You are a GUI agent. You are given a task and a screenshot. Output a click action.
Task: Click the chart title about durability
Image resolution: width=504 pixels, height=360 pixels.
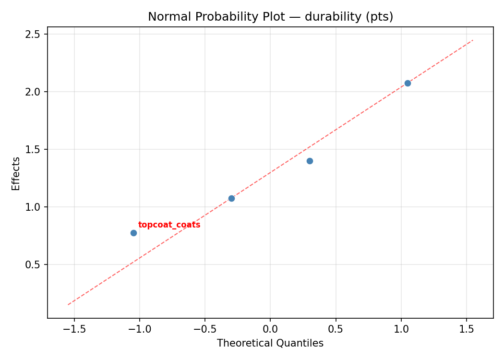coord(270,17)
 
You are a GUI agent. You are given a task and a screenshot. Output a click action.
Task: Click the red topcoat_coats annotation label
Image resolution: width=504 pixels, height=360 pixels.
coord(169,225)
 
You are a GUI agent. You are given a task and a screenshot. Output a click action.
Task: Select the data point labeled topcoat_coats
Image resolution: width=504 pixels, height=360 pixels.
coord(133,233)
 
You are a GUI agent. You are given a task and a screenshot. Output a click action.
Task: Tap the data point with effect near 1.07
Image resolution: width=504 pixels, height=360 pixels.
coord(231,198)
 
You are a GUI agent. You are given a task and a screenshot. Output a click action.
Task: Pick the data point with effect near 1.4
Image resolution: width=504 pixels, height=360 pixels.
coord(310,161)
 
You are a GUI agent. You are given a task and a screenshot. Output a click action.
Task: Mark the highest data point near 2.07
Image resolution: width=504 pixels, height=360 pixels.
coord(408,83)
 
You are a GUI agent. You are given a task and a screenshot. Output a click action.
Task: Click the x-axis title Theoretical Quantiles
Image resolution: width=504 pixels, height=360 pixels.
coord(270,343)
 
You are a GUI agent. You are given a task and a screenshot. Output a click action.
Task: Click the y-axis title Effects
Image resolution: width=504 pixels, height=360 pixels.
coord(16,173)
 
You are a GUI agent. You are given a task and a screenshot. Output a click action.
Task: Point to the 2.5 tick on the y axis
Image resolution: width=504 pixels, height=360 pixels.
coord(33,34)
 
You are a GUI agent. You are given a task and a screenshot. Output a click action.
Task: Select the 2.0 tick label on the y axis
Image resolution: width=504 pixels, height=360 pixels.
coord(33,92)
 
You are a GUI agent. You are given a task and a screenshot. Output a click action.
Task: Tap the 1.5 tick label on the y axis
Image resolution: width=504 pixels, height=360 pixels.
coord(33,149)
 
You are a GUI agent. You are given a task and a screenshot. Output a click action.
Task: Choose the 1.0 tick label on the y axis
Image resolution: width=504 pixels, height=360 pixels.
coord(33,207)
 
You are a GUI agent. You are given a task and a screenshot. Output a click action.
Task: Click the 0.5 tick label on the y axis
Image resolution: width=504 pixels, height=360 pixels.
coord(33,264)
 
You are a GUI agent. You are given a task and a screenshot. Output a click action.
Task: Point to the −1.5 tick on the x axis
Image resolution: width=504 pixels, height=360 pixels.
coord(74,329)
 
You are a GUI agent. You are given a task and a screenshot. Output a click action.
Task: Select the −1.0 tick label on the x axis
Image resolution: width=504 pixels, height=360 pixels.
coord(139,329)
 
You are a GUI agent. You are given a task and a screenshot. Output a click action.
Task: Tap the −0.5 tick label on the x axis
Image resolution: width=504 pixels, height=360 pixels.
coord(204,329)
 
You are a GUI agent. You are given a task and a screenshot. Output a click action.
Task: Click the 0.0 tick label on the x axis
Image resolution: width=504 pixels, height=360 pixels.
coord(270,329)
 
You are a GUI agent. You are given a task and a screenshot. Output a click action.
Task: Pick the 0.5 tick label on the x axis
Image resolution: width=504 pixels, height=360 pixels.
coord(336,329)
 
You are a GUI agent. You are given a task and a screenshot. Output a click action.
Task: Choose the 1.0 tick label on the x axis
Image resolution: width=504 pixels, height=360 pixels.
coord(401,329)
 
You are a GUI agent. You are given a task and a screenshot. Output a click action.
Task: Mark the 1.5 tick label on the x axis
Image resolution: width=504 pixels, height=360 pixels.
coord(466,329)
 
